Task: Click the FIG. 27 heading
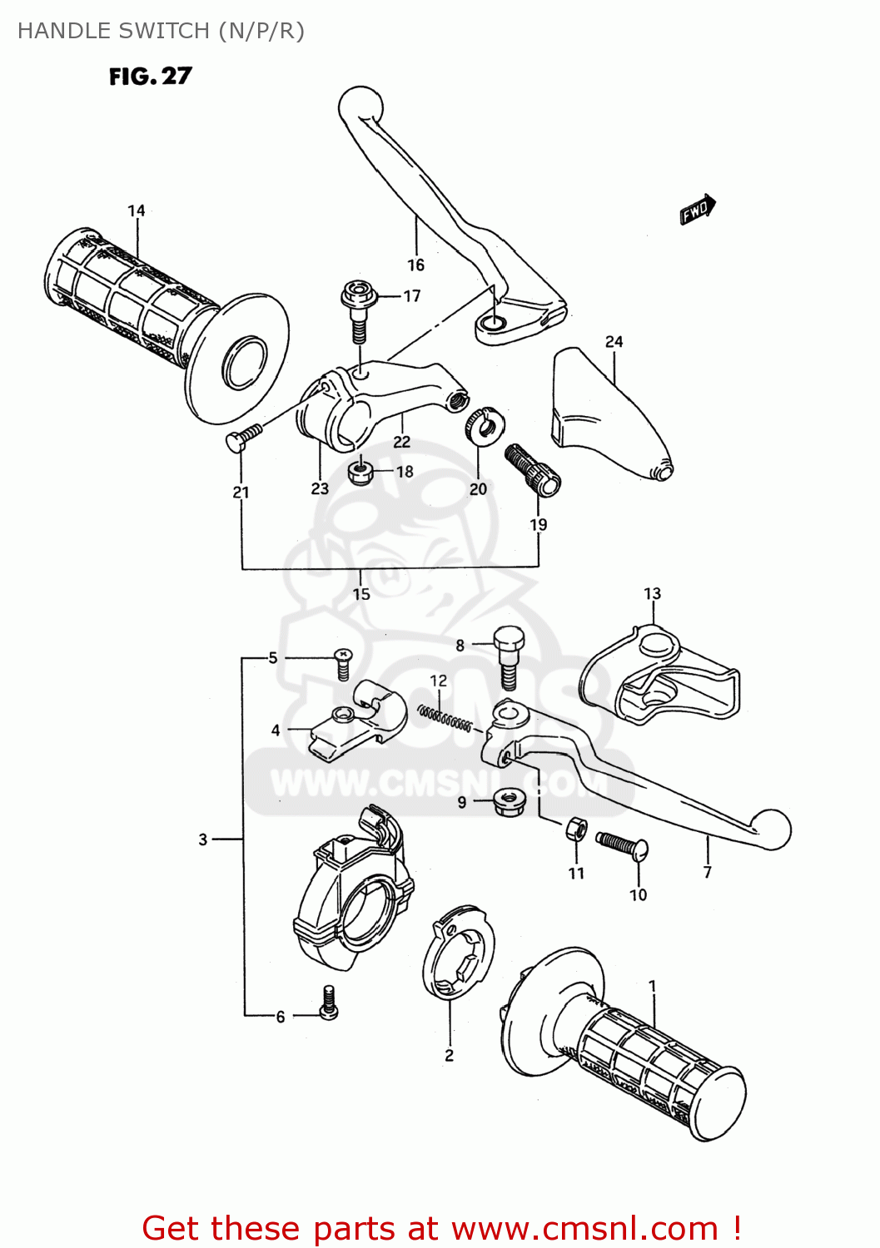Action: coord(150,77)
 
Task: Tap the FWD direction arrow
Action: coord(698,210)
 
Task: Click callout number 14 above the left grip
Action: coord(137,211)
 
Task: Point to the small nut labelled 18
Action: coord(360,473)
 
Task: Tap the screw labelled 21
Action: coord(243,438)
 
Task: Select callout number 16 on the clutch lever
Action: coord(415,265)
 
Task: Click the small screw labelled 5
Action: coord(342,663)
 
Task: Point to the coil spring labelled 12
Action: coord(445,719)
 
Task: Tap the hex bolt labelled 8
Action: coord(509,656)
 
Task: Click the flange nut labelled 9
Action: coord(507,802)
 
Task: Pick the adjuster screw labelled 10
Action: coord(622,846)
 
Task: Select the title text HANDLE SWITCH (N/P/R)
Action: coord(161,31)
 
